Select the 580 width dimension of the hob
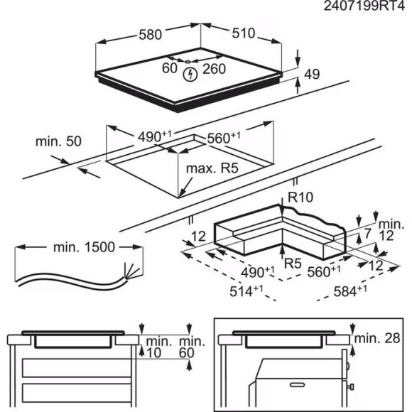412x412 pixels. pyautogui.click(x=151, y=33)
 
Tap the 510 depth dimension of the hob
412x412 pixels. pyautogui.click(x=242, y=33)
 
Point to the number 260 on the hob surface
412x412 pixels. pyautogui.click(x=213, y=69)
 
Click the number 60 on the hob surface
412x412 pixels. pyautogui.click(x=169, y=69)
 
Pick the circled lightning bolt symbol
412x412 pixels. pyautogui.click(x=190, y=73)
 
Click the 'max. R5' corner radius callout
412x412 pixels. pyautogui.click(x=210, y=169)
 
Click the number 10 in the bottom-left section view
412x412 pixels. pyautogui.click(x=154, y=353)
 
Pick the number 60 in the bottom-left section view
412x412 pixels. pyautogui.click(x=187, y=353)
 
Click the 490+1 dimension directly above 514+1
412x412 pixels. pyautogui.click(x=259, y=271)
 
